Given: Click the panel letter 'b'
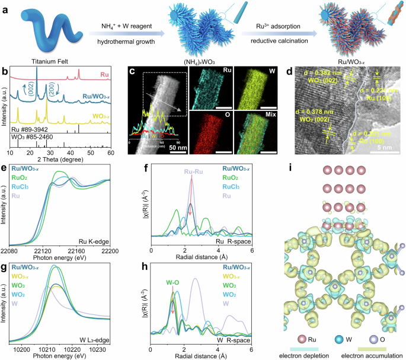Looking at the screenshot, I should click(5, 72).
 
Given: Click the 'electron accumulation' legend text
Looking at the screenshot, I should click(368, 355).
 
